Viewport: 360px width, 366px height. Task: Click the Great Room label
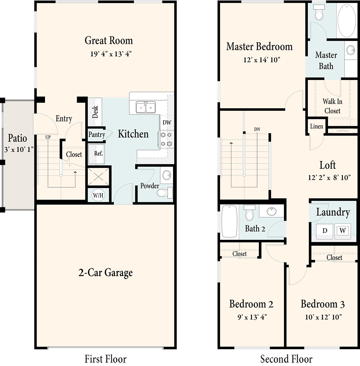[x=109, y=40]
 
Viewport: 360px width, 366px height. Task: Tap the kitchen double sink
[x=146, y=107]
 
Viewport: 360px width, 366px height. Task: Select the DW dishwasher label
[x=167, y=123]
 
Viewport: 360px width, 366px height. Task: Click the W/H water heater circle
[x=98, y=195]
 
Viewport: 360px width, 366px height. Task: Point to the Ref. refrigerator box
[x=96, y=154]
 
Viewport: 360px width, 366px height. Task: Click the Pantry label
[x=97, y=135]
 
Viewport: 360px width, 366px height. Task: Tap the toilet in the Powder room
[x=165, y=193]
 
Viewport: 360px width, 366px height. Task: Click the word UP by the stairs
[x=48, y=137]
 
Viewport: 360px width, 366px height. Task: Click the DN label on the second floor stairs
[x=257, y=129]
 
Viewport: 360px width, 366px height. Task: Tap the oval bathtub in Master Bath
[x=347, y=21]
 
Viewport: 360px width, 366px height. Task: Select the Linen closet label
[x=316, y=126]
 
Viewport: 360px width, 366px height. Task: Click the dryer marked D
[x=325, y=231]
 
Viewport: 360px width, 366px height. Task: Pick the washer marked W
[x=343, y=231]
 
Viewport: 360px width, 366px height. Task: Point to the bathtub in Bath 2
[x=229, y=221]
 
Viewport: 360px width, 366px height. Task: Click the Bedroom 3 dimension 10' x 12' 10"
[x=323, y=317]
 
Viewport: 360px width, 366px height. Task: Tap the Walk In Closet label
[x=332, y=106]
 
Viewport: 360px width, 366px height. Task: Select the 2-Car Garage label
[x=106, y=273]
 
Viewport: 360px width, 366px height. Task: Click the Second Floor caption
[x=286, y=359]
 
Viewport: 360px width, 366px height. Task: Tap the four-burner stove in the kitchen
[x=166, y=139]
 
